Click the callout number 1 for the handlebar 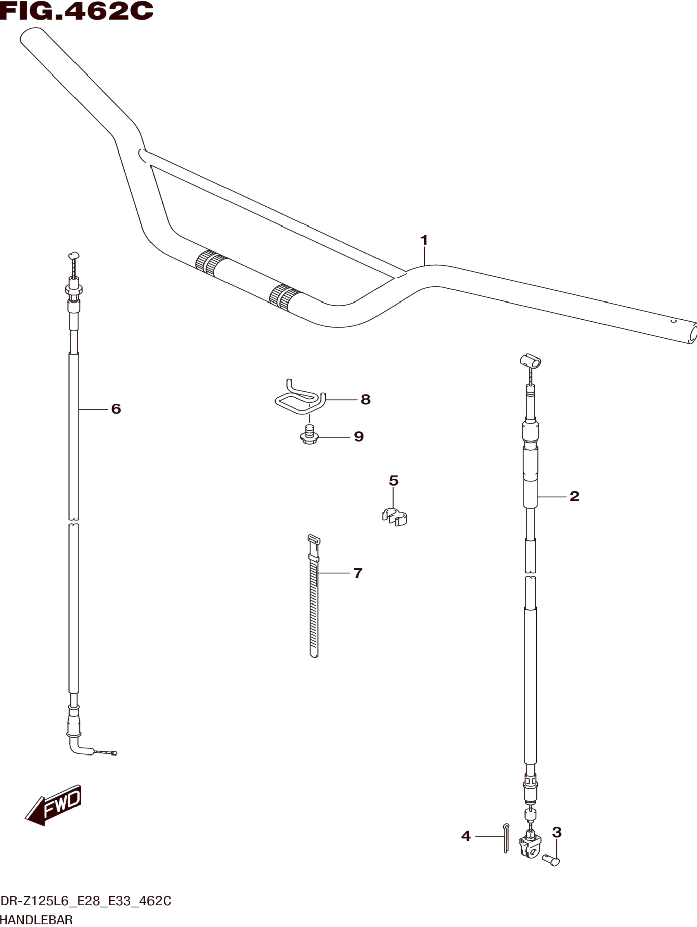(424, 241)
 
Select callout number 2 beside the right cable (574, 496)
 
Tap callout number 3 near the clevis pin (556, 832)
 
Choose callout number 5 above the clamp (393, 481)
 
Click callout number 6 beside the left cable (116, 409)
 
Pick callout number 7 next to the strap (358, 573)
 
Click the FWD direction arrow (54, 806)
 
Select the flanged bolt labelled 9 (310, 435)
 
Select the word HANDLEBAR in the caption (37, 920)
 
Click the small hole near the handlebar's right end (673, 321)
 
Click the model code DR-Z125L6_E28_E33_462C (86, 901)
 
